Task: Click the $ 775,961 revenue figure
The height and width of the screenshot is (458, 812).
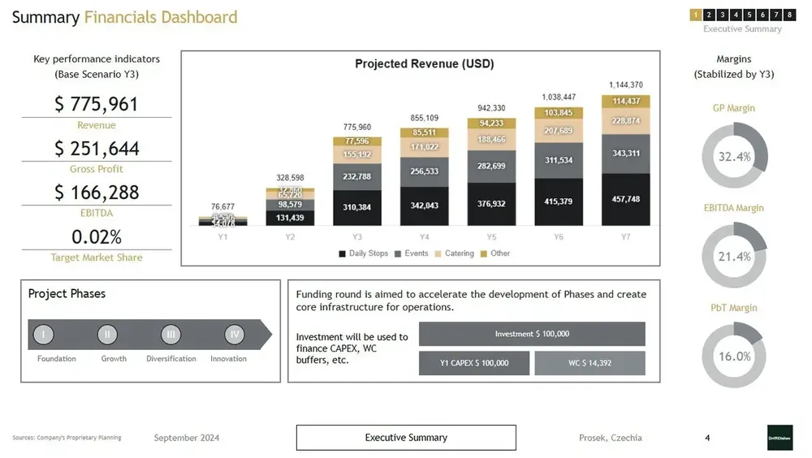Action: [x=97, y=105]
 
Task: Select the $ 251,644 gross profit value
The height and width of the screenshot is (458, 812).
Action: [x=97, y=149]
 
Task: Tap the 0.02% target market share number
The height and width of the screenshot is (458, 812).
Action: [x=97, y=237]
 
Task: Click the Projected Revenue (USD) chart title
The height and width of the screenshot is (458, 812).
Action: [x=424, y=63]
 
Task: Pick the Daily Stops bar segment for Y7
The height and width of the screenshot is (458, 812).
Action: [x=625, y=200]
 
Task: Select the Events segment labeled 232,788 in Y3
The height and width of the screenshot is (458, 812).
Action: [x=357, y=177]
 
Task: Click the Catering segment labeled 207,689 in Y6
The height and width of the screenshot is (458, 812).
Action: [x=558, y=131]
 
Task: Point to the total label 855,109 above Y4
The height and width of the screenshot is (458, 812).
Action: [x=424, y=118]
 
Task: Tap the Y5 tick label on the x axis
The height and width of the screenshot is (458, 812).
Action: [x=491, y=236]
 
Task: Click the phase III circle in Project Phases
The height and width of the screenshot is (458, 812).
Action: [x=171, y=335]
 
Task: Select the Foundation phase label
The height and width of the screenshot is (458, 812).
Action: [x=57, y=359]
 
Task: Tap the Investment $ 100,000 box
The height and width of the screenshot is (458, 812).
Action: [x=532, y=334]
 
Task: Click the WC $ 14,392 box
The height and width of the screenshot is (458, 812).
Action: [x=590, y=363]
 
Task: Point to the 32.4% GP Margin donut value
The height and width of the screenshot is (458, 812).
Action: [x=734, y=157]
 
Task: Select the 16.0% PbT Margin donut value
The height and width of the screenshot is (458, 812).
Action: [x=734, y=356]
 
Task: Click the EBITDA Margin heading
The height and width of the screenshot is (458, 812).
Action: [x=734, y=208]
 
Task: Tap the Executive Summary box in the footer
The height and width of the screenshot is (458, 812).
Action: [x=406, y=438]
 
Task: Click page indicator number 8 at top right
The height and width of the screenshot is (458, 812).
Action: [x=789, y=15]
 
